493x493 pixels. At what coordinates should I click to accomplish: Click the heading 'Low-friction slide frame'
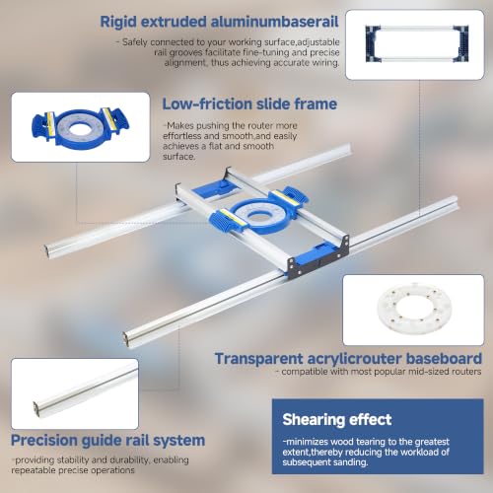pyautogui.click(x=249, y=105)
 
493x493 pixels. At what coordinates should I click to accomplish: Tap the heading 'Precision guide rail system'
pyautogui.click(x=107, y=441)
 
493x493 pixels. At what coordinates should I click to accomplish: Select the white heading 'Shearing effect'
pyautogui.click(x=337, y=420)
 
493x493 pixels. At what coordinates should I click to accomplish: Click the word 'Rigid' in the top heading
pyautogui.click(x=118, y=23)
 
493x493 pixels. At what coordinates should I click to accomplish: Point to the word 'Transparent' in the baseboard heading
pyautogui.click(x=258, y=359)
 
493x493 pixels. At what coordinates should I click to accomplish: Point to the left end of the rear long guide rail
pyautogui.click(x=48, y=250)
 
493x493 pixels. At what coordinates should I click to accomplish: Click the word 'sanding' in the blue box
pyautogui.click(x=351, y=462)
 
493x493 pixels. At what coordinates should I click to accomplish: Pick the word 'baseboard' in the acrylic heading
pyautogui.click(x=444, y=359)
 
